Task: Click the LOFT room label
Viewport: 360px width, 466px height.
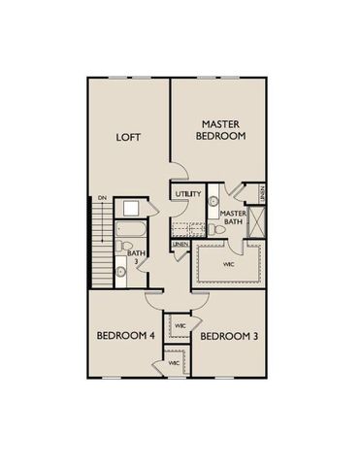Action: (x=129, y=137)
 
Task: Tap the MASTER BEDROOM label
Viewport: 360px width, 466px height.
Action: (x=221, y=130)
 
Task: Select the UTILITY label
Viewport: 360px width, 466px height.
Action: (x=189, y=194)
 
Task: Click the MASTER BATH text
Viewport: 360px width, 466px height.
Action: (x=232, y=219)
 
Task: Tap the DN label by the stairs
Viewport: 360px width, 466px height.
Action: (x=101, y=199)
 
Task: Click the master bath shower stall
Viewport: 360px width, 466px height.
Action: (x=258, y=223)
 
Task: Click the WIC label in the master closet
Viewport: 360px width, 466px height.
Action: (x=229, y=263)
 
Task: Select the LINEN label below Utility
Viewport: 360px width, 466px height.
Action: (x=181, y=244)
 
